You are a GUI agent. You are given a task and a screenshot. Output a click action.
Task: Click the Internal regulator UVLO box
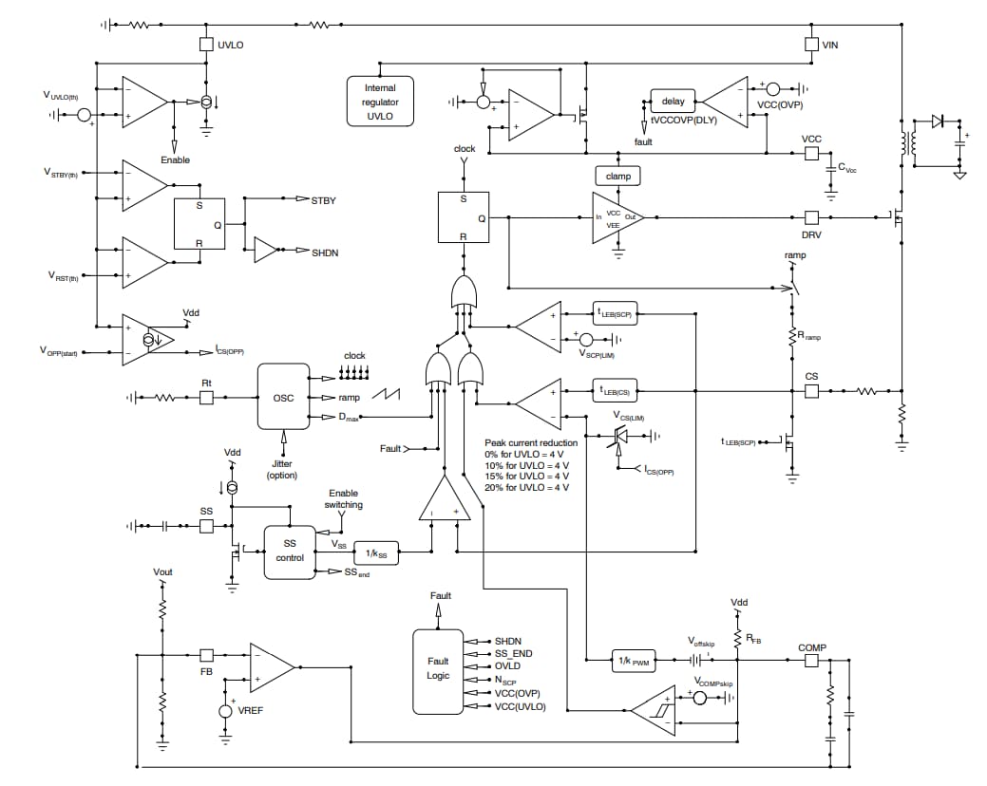[x=380, y=102]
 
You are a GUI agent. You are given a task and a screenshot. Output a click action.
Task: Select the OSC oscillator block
[x=284, y=398]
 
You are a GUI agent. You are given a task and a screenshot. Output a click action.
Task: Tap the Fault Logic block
[x=438, y=669]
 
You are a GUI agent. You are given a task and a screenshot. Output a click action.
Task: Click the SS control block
[x=290, y=552]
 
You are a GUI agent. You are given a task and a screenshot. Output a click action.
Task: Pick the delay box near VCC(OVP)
[x=673, y=102]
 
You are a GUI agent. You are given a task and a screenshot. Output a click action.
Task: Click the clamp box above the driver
[x=617, y=177]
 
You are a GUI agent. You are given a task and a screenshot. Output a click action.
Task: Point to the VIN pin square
[x=810, y=44]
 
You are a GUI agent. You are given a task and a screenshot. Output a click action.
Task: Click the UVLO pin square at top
[x=206, y=44]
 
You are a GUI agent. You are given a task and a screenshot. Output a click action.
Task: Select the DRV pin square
[x=811, y=217]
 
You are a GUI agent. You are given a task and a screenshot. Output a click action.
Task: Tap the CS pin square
[x=811, y=390]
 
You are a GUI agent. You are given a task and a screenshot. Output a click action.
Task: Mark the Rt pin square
[x=206, y=398]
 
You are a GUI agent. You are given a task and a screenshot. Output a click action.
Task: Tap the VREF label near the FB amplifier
[x=251, y=711]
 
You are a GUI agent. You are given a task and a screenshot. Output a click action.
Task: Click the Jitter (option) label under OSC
[x=282, y=467]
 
